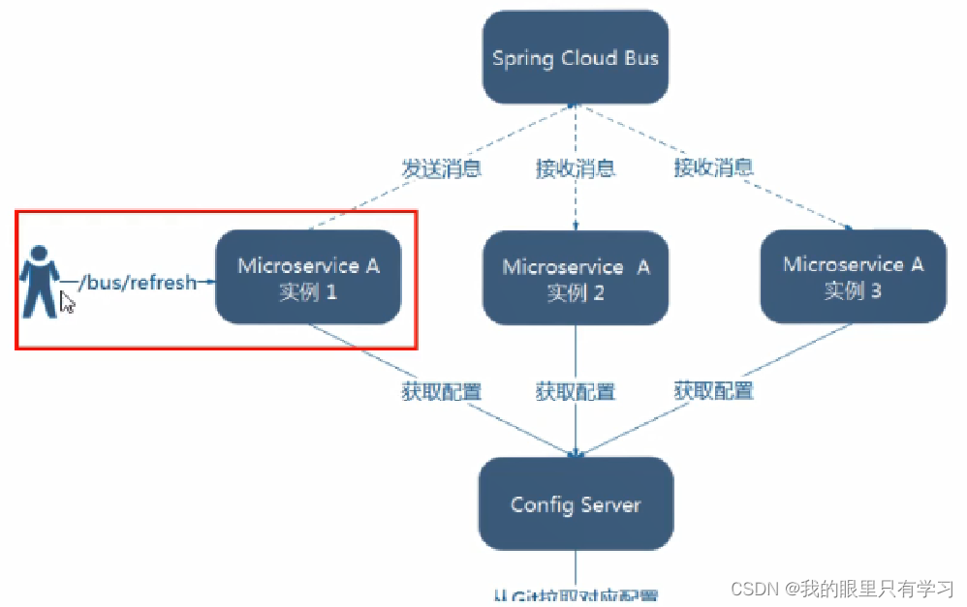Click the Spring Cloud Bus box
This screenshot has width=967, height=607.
pos(576,58)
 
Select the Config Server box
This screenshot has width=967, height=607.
pos(576,504)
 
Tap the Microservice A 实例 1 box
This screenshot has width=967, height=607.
pos(308,277)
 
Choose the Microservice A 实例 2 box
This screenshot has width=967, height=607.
pos(576,279)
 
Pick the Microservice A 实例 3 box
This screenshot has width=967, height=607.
pos(853,276)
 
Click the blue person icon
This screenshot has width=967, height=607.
pos(40,281)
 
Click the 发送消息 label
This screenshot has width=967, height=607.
pos(442,167)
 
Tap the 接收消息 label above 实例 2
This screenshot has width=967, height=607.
pos(576,167)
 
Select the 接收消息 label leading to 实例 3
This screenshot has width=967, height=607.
pos(714,167)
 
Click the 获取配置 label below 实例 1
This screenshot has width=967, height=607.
pos(442,391)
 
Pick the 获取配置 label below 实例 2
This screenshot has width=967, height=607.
pos(576,391)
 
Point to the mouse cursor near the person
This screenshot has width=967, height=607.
pos(67,303)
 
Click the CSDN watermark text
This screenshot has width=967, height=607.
pos(842,589)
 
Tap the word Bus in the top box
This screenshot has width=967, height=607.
pos(640,58)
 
